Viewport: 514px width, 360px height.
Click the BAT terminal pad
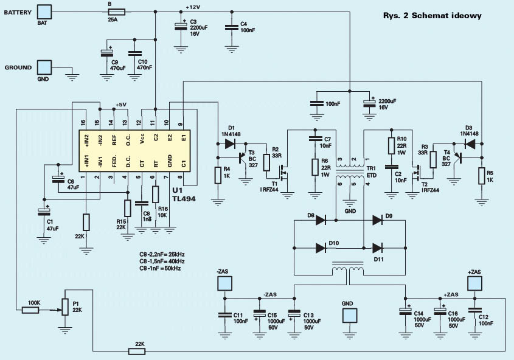point(44,12)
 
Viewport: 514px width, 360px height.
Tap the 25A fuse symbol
point(116,12)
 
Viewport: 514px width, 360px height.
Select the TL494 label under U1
point(184,198)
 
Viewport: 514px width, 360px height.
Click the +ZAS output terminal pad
point(474,283)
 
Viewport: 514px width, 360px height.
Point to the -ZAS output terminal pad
point(224,283)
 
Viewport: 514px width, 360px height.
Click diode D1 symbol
point(230,144)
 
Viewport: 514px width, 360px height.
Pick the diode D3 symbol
point(470,144)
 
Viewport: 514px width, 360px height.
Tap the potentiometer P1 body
point(65,307)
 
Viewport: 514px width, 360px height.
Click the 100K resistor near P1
point(30,310)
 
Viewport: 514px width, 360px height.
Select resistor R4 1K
point(218,175)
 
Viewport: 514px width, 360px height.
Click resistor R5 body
point(482,176)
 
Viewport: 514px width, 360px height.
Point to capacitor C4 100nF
point(232,27)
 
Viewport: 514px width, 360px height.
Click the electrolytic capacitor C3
point(180,26)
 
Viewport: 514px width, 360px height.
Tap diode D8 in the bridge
point(321,220)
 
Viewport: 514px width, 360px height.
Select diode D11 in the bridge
point(378,248)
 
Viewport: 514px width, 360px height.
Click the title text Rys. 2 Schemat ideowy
point(432,15)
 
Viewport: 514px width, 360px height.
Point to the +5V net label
point(121,105)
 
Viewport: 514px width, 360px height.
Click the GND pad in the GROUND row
point(44,67)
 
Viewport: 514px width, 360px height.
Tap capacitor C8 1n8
point(142,204)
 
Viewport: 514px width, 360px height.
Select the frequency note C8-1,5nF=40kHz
point(162,261)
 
